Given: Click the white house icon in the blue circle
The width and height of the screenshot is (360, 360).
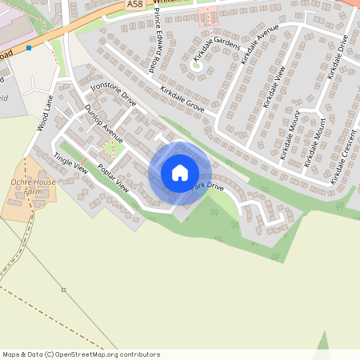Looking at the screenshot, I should [x=180, y=172].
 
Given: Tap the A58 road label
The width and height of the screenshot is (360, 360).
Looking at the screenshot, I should [x=135, y=5].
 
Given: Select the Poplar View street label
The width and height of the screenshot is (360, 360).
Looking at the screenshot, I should [x=112, y=178].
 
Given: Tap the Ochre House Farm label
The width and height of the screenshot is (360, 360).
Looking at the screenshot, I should [x=34, y=186].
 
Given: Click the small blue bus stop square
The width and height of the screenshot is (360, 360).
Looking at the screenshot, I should [x=29, y=48].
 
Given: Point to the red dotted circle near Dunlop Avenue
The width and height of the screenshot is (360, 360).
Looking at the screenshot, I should [x=110, y=146].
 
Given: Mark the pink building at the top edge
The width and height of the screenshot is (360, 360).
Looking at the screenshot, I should [x=208, y=16].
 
